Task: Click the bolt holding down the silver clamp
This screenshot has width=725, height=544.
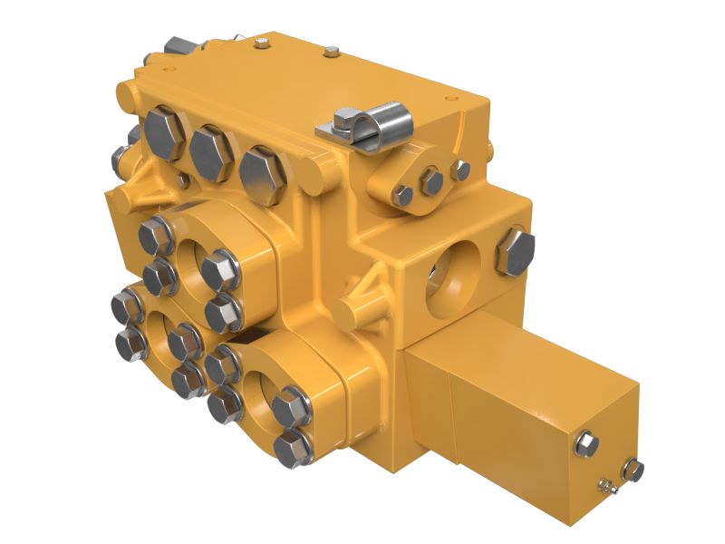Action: (x=347, y=119)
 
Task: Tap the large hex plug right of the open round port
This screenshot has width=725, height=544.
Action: (x=515, y=251)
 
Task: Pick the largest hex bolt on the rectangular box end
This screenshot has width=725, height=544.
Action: (x=586, y=444)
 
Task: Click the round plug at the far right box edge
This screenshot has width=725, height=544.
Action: (x=633, y=471)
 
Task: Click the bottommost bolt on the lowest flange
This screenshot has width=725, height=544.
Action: (x=293, y=448)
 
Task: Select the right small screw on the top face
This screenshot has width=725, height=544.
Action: (x=333, y=52)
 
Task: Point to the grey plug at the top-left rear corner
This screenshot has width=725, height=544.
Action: (x=177, y=46)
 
